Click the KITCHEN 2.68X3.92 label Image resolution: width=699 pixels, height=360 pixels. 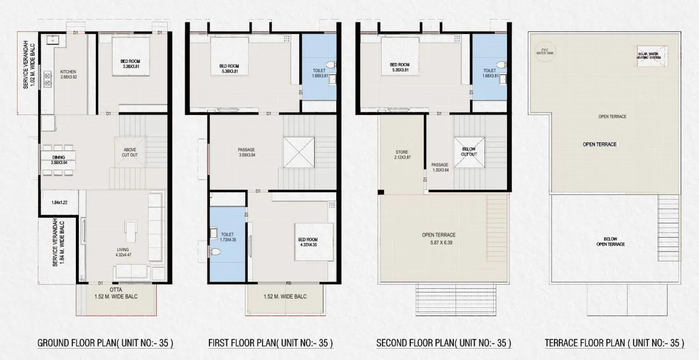pyautogui.click(x=68, y=74)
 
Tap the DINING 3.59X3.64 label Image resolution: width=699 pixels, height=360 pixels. pyautogui.click(x=59, y=160)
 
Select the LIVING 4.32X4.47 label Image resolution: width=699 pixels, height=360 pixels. pyautogui.click(x=122, y=251)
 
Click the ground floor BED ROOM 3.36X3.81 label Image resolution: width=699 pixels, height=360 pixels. pyautogui.click(x=127, y=64)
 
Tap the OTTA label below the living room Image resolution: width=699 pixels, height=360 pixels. pyautogui.click(x=116, y=290)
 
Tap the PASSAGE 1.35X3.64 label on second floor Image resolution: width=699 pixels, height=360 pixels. pyautogui.click(x=440, y=167)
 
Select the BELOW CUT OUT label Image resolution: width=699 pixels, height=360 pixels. pyautogui.click(x=469, y=151)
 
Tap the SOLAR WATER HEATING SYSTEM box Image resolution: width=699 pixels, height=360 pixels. pyautogui.click(x=649, y=54)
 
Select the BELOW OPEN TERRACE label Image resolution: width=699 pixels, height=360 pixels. pyautogui.click(x=610, y=241)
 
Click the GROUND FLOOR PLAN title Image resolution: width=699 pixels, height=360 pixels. pyautogui.click(x=105, y=343)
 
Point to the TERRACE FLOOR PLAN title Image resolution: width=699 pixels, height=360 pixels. pyautogui.click(x=614, y=343)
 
